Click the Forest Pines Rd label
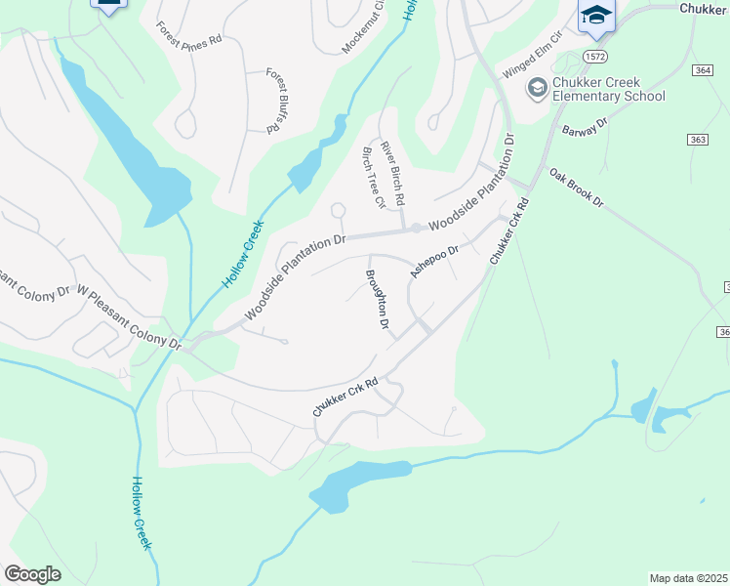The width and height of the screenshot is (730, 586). click(x=189, y=31)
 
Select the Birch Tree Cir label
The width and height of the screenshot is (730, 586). click(x=373, y=177)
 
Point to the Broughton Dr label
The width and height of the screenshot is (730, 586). click(x=378, y=298)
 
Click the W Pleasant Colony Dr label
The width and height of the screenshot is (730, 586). click(x=130, y=318)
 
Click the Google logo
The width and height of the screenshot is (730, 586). click(x=32, y=574)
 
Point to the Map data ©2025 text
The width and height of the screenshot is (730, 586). click(x=688, y=578)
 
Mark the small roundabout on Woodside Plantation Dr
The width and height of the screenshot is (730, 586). click(x=417, y=229)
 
